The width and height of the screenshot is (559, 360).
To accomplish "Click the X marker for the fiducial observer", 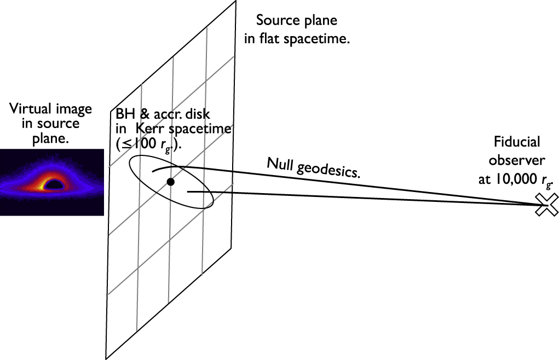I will point(546,205).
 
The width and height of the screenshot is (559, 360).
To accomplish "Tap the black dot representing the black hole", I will point(171,182).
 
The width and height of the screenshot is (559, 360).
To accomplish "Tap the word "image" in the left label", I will point(77,109).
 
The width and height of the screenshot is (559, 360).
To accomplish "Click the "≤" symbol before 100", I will point(124,148).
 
